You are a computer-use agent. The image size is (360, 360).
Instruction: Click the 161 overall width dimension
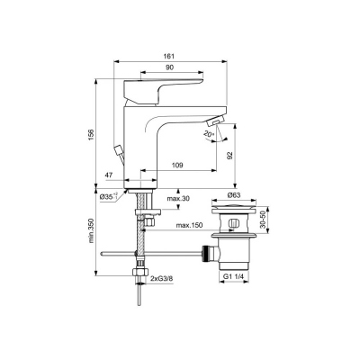[x=169, y=56]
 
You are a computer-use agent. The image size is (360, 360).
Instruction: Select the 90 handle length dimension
[x=170, y=67]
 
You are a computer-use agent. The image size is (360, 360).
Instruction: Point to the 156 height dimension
[x=91, y=134]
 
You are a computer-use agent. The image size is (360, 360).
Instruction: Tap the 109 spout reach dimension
[x=177, y=165]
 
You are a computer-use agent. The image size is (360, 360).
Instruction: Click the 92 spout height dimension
[x=229, y=155]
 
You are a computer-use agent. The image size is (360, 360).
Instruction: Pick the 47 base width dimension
[x=109, y=175]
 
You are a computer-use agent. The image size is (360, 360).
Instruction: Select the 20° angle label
[x=208, y=134]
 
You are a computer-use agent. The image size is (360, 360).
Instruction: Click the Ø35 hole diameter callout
[x=109, y=196]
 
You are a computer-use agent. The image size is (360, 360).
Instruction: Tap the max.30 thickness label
[x=179, y=198]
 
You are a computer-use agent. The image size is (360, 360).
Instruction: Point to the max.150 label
[x=189, y=225]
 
